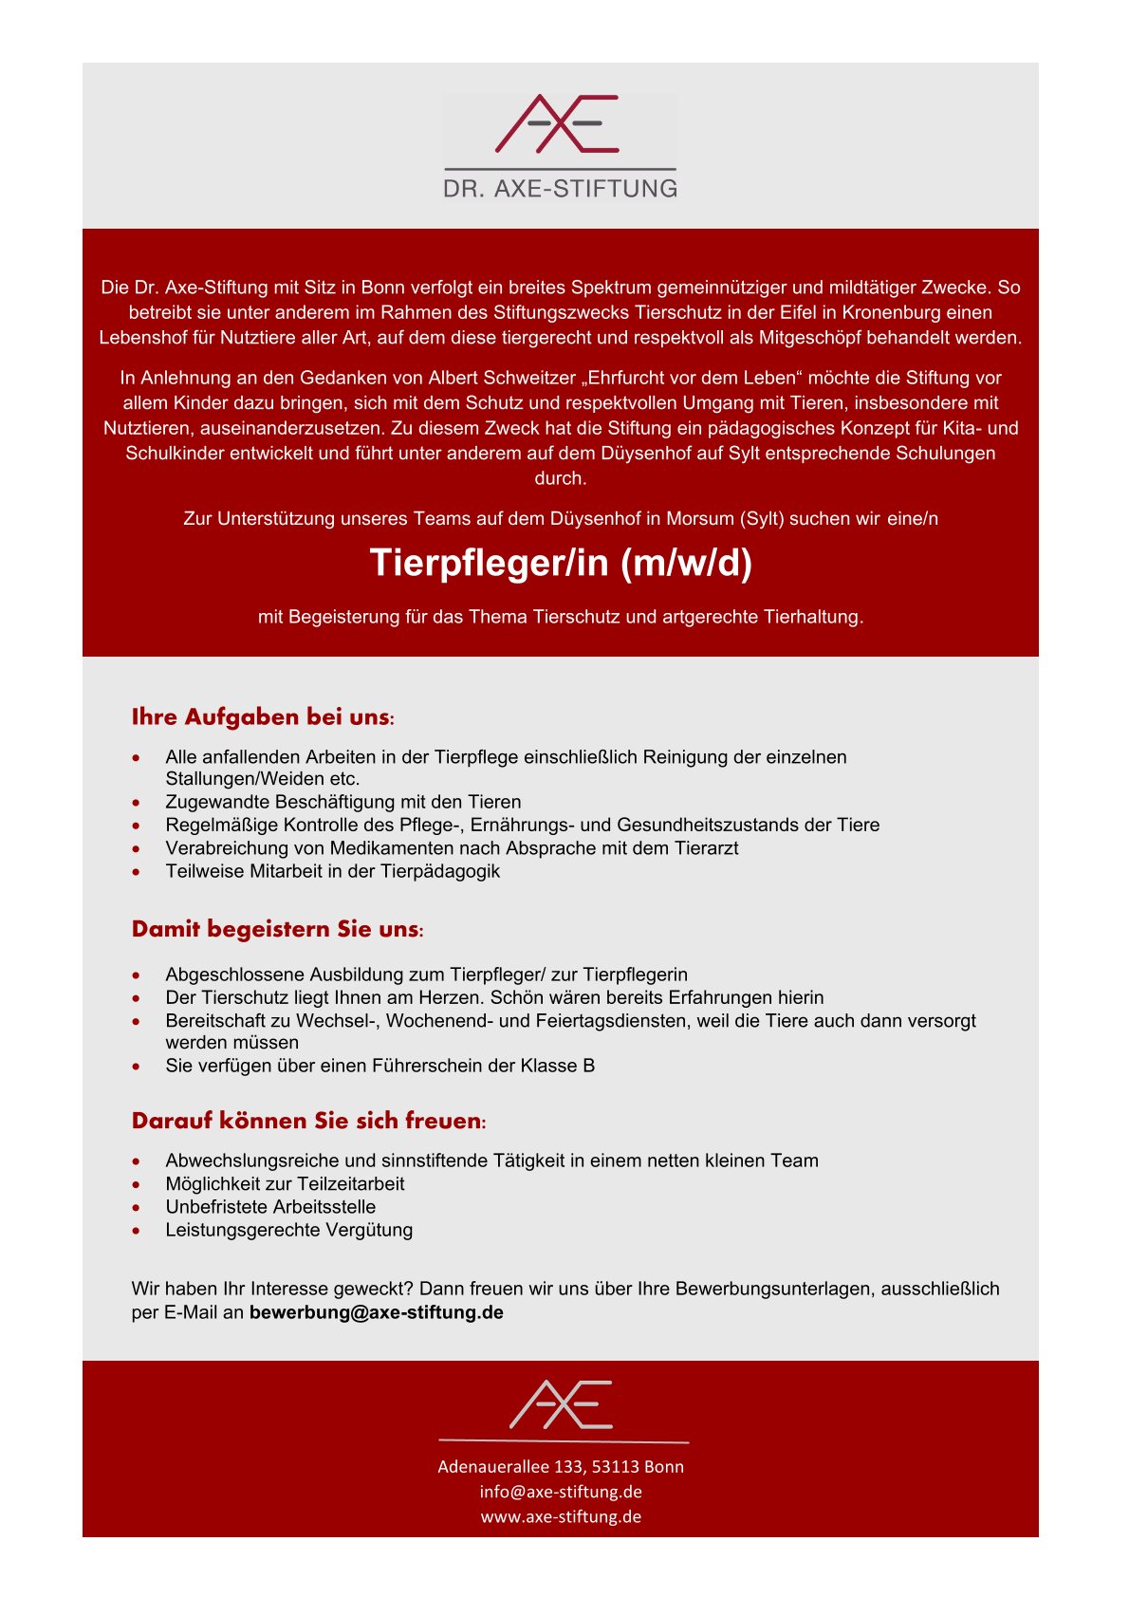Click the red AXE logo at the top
coord(558,124)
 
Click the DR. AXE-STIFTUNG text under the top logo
coord(560,188)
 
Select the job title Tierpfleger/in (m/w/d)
coord(561,563)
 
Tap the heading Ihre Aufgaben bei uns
coord(262,717)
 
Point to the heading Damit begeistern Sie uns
coord(277,929)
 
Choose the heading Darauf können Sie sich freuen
coord(308,1121)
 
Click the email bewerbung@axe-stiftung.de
coord(376,1312)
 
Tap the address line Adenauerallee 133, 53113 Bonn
coord(561,1466)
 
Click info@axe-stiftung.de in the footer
coord(561,1491)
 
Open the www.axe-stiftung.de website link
coord(561,1516)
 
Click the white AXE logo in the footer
coord(562,1405)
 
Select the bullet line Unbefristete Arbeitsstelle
coord(270,1207)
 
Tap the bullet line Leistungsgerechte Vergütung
coord(288,1230)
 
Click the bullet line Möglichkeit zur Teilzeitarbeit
coord(285,1184)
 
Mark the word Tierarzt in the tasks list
coord(704,848)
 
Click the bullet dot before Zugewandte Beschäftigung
coord(139,803)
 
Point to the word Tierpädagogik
coord(440,871)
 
